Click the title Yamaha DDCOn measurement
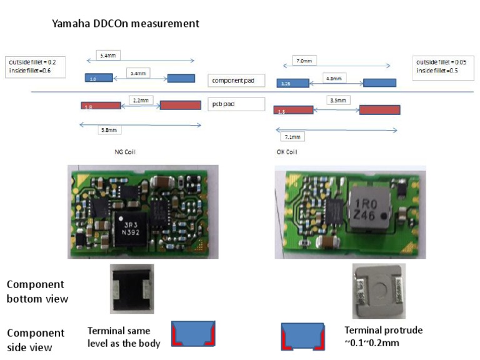pyautogui.click(x=126, y=24)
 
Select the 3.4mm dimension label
pyautogui.click(x=138, y=73)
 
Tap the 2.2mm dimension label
pyautogui.click(x=140, y=100)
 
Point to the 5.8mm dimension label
pyautogui.click(x=109, y=130)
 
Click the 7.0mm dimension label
pyautogui.click(x=305, y=61)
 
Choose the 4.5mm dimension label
pyautogui.click(x=334, y=79)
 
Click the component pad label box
pyautogui.click(x=236, y=81)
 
